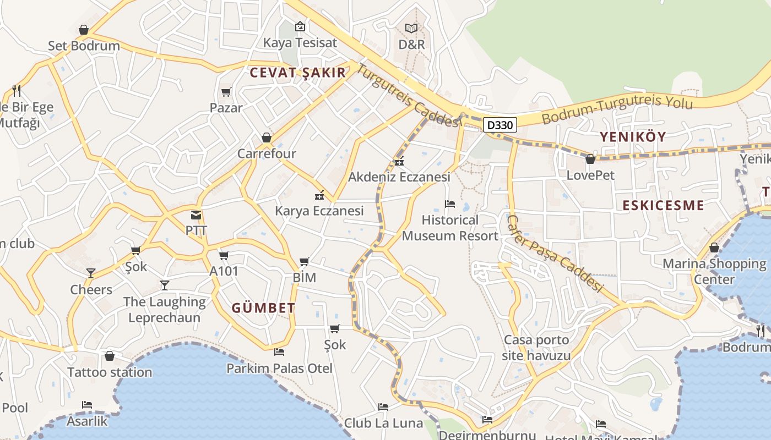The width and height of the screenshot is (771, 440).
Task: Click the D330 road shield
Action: [500, 125]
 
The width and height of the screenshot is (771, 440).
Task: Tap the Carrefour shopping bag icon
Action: [267, 137]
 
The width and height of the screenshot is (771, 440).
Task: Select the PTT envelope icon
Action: [196, 215]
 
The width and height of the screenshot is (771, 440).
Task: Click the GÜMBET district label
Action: [263, 308]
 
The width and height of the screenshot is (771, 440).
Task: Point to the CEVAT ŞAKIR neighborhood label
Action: [298, 73]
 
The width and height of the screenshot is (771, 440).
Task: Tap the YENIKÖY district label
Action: [633, 137]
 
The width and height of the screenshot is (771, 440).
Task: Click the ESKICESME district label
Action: [663, 206]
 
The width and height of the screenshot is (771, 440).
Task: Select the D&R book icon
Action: [411, 28]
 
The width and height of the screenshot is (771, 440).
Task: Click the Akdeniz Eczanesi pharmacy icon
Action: [399, 162]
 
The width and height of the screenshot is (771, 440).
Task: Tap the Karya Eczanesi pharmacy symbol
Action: [319, 195]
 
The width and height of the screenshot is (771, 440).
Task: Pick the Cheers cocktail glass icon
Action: [91, 273]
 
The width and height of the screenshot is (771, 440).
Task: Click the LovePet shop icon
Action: [590, 159]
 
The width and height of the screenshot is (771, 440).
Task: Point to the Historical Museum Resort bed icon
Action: [450, 204]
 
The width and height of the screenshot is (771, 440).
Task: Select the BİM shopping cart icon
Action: [305, 262]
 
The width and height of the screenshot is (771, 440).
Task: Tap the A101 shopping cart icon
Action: [224, 256]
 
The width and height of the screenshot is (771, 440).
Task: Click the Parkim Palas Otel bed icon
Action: [279, 352]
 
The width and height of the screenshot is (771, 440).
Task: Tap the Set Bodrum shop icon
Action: [84, 30]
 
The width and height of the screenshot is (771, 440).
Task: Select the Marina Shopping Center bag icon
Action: [714, 248]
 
